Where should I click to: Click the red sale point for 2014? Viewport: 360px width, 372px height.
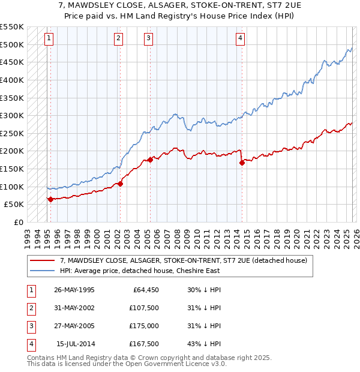[242, 163]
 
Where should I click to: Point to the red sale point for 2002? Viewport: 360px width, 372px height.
[121, 184]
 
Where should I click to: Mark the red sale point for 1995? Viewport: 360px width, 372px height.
[50, 199]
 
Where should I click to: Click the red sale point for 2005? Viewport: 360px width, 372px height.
[150, 160]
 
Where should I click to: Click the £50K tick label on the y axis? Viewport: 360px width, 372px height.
[14, 205]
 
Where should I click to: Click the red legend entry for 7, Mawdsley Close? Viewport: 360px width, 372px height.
[183, 260]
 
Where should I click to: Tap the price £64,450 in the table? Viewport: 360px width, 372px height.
[144, 290]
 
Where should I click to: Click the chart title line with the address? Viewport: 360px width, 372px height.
[180, 6]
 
